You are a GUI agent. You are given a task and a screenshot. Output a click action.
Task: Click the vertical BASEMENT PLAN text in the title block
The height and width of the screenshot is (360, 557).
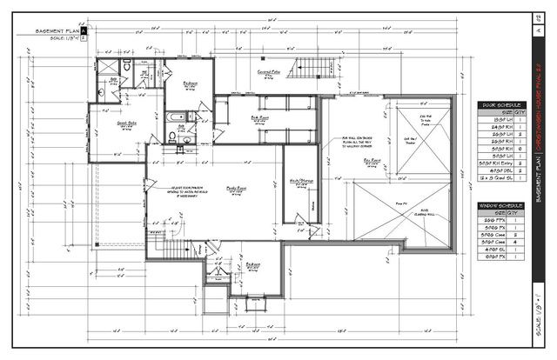point(540,183)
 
